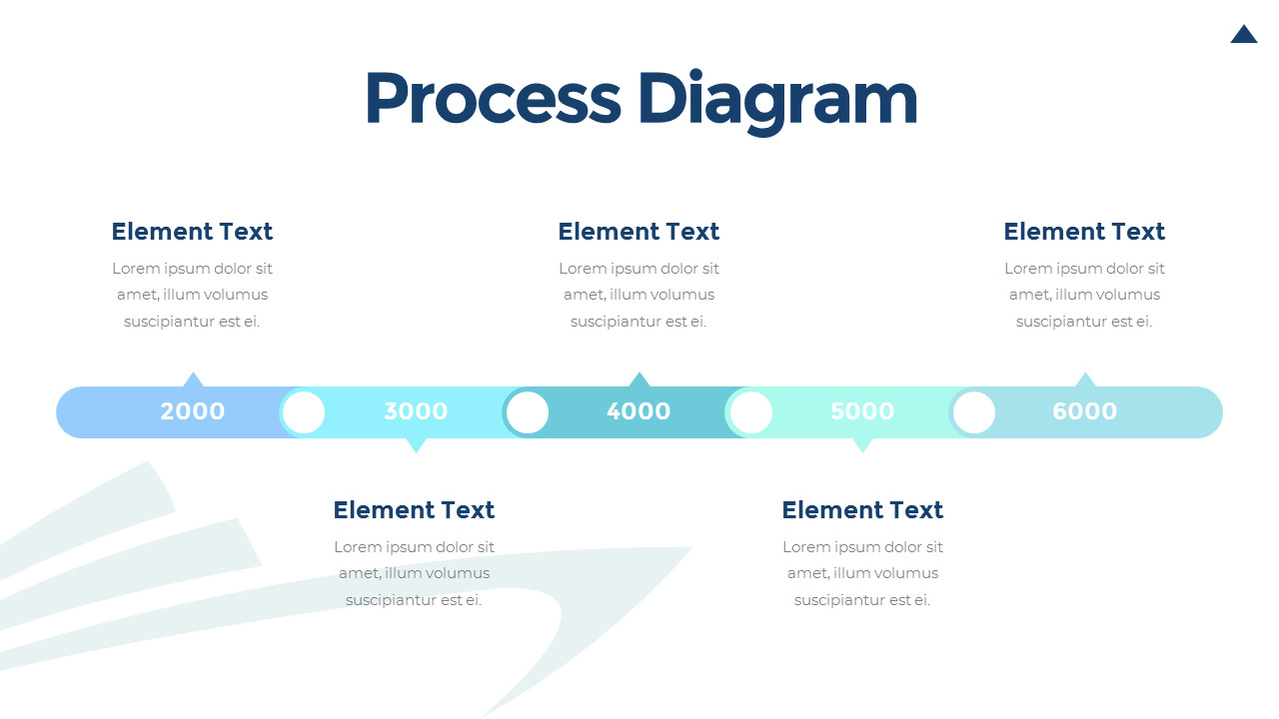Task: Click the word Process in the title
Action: tap(493, 98)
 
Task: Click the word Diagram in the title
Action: tap(777, 102)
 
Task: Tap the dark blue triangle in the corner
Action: tap(1244, 34)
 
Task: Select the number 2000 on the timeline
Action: tap(193, 411)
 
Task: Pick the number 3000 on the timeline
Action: tap(416, 411)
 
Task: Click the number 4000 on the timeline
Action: tap(639, 411)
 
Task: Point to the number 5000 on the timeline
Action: tap(862, 411)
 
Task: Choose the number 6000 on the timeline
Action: tap(1085, 411)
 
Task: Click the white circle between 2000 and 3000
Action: tap(304, 412)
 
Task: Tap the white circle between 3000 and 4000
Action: tap(528, 412)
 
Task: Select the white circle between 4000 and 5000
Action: tap(751, 412)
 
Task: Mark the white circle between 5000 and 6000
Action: tap(974, 412)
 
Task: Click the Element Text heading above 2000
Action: tap(192, 232)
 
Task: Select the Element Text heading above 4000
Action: tap(639, 232)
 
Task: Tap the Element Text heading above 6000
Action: tap(1084, 232)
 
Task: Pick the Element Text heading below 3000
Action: tap(414, 510)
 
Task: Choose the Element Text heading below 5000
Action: tap(862, 510)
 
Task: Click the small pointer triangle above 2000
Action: tap(193, 380)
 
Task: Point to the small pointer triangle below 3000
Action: tap(417, 445)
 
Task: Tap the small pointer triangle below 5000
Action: tap(862, 445)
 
